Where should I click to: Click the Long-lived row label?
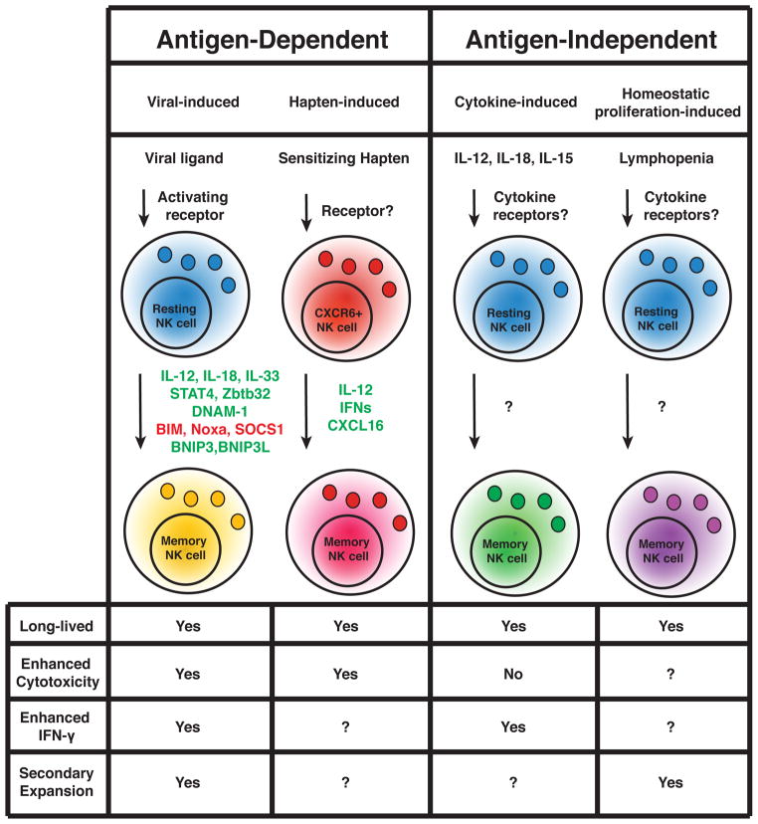pyautogui.click(x=56, y=625)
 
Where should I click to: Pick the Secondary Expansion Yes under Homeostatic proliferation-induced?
pyautogui.click(x=670, y=782)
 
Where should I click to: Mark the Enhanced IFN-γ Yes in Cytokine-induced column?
pyautogui.click(x=513, y=727)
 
